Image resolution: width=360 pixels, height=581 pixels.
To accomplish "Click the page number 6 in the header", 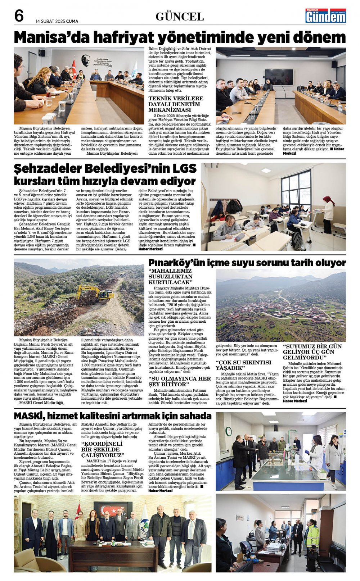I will [x=19, y=16].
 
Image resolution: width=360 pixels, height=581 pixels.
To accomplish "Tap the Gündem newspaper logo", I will [x=325, y=16].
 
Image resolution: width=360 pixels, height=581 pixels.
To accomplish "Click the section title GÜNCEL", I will [x=180, y=17].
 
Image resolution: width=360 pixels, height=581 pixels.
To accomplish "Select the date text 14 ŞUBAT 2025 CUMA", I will [x=57, y=21].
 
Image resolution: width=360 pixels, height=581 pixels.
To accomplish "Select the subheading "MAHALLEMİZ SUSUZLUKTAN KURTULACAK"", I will [x=171, y=277].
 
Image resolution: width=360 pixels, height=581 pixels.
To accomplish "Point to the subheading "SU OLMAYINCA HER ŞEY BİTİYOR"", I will [x=180, y=381].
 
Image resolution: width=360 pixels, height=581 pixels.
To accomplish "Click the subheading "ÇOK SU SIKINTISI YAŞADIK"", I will [x=243, y=365].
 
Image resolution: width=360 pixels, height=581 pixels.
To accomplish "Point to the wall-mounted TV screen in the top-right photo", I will [x=279, y=76].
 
